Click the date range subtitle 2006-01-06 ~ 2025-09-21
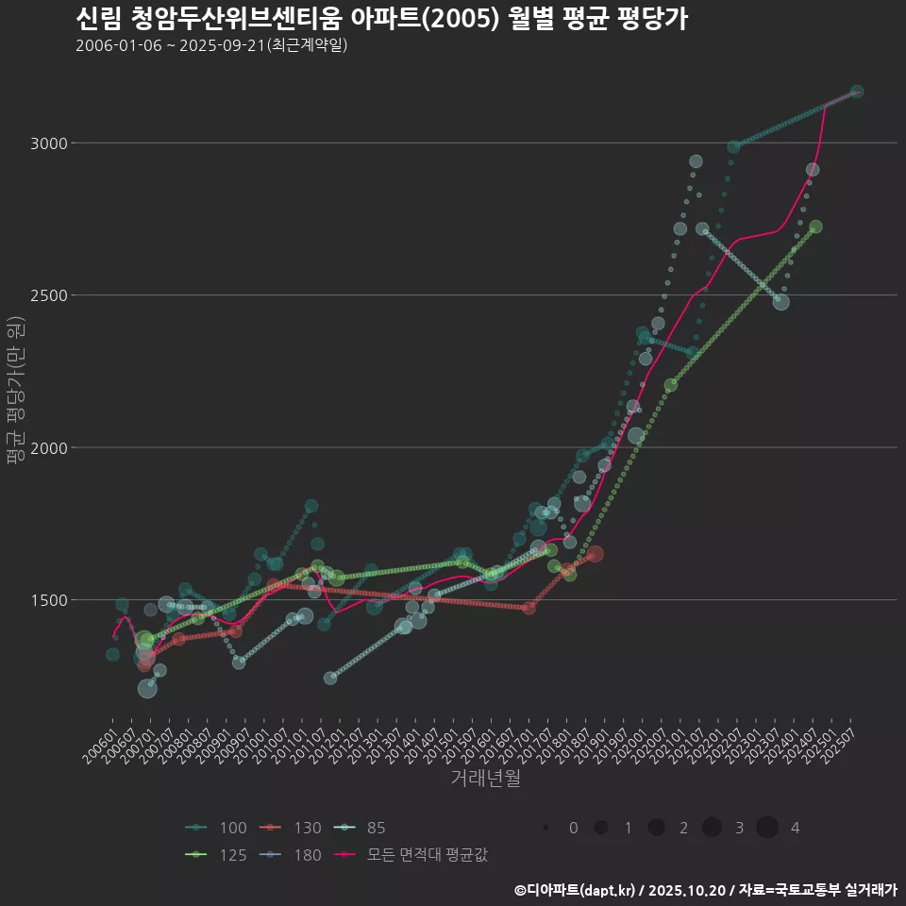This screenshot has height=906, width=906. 211,45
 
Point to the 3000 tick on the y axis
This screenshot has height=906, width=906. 51,143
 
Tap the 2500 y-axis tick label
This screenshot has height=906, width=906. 51,295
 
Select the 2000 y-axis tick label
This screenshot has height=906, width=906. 51,447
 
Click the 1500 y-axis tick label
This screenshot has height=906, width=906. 51,600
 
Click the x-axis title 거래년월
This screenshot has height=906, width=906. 485,778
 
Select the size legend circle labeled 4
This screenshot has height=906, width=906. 766,828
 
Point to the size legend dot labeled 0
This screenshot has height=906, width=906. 545,828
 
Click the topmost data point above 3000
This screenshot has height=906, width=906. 856,92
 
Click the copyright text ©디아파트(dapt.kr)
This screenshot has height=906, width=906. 576,890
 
